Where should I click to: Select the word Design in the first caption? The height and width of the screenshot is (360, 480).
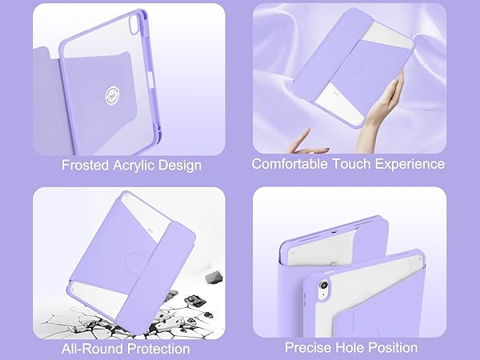(182, 166)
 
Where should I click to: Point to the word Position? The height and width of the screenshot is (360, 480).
(394, 348)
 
